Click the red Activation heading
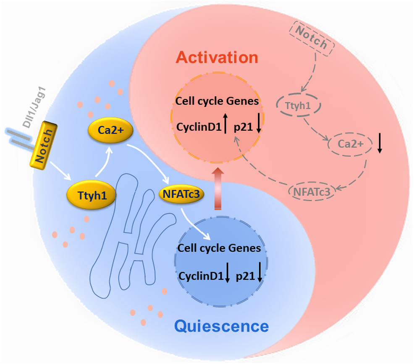coord(217,57)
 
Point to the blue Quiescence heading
coord(221,325)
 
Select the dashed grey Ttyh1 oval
coord(299,106)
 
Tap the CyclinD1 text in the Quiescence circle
coord(200,276)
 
